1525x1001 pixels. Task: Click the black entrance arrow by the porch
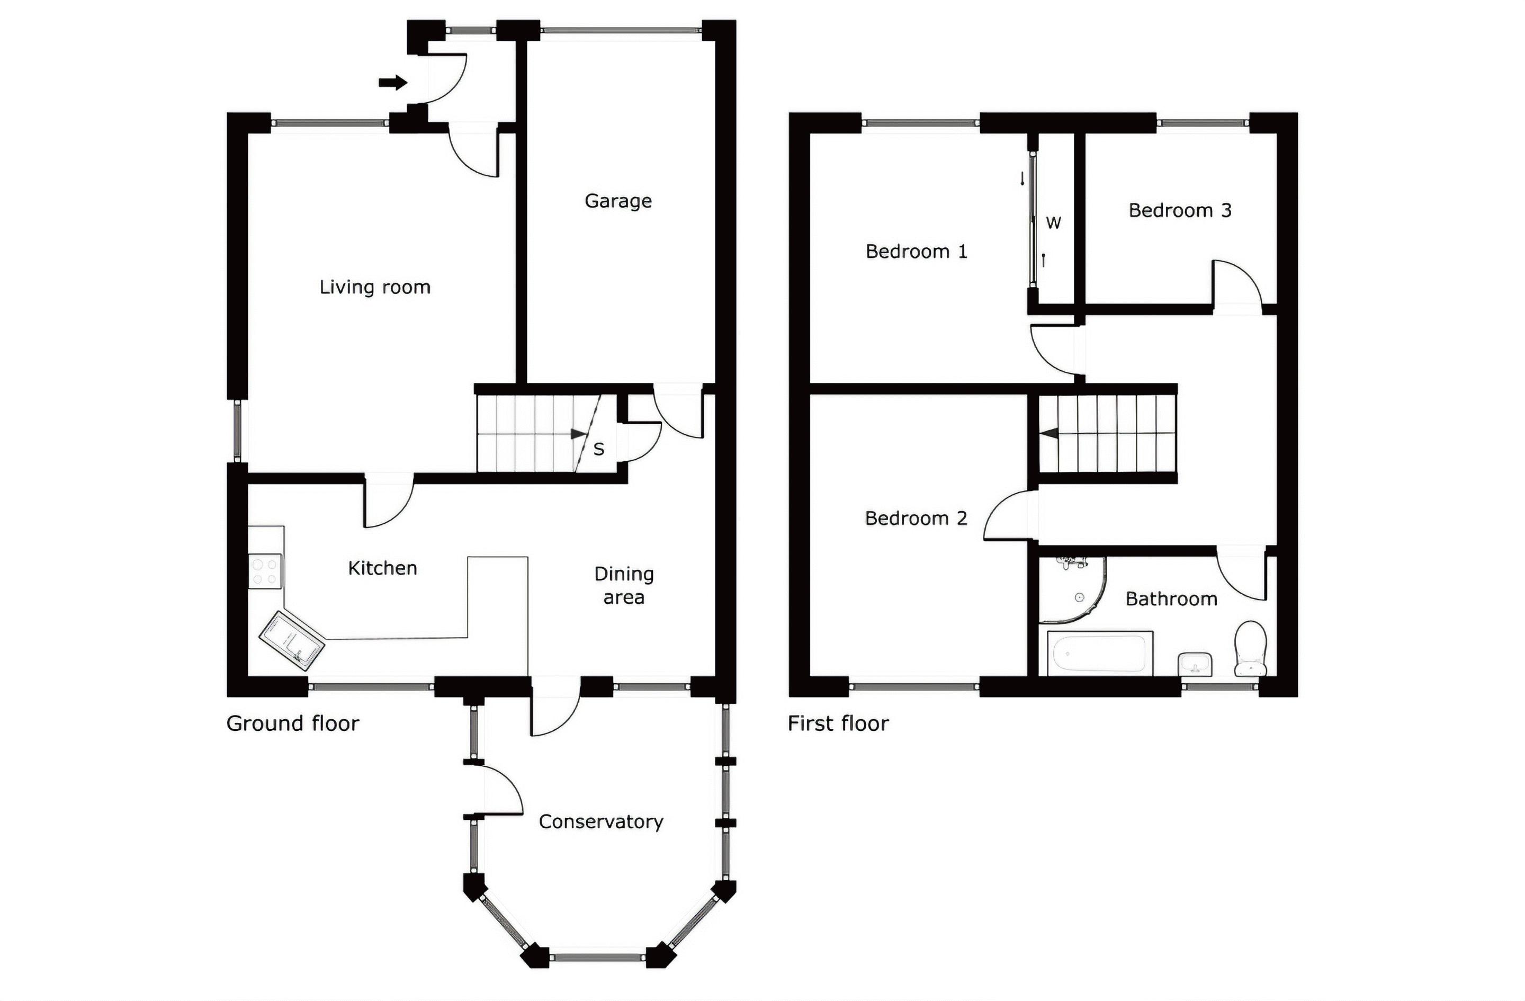[393, 82]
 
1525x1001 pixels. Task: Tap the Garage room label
[618, 201]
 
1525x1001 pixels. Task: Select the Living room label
[375, 287]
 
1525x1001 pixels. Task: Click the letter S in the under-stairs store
[598, 449]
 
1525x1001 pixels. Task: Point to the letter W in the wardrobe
[1053, 223]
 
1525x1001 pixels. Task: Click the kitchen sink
[292, 640]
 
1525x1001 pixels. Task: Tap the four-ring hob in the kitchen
[265, 571]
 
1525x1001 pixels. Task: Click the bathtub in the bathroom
[1100, 653]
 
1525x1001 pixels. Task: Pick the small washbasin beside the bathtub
[1195, 664]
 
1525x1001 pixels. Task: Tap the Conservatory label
[600, 821]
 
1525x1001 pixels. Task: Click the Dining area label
[623, 585]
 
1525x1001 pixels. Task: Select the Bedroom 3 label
[1180, 211]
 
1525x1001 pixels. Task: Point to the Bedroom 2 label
[916, 519]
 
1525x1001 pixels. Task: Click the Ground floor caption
[292, 723]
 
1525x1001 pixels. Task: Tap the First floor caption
[838, 723]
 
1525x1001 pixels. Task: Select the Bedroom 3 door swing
[1236, 285]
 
